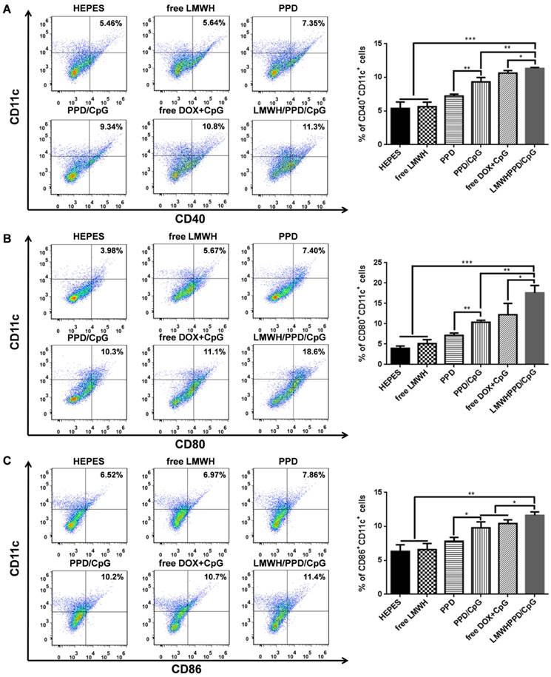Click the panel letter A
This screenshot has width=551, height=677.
7,7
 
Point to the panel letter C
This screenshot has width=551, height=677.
7,460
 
